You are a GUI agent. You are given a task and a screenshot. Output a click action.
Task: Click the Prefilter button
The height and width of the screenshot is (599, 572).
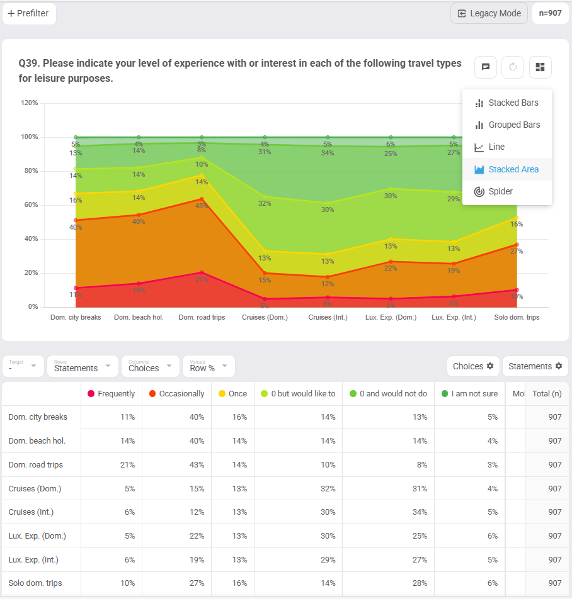tap(29, 13)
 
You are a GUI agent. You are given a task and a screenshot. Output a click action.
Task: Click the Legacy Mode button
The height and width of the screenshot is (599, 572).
tap(489, 13)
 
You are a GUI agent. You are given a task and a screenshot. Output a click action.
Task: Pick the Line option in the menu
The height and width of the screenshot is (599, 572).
tap(496, 147)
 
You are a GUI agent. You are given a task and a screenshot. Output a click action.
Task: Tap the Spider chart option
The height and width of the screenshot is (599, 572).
tap(500, 191)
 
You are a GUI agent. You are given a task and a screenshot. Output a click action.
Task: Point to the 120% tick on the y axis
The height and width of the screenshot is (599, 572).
tap(30, 103)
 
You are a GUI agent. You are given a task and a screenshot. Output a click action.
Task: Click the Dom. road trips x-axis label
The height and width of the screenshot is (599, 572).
tap(202, 318)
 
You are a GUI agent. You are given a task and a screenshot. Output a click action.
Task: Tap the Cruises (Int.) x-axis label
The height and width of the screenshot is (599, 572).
tap(328, 318)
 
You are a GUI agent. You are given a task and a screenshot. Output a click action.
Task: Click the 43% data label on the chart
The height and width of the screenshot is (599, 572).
tap(202, 206)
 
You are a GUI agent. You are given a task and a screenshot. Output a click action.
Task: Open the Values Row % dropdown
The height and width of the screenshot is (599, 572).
tap(209, 366)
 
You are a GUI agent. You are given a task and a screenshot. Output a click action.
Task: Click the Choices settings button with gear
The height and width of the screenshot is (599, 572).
tap(473, 366)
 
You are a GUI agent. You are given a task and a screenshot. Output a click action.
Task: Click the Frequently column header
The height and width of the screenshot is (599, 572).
tap(112, 394)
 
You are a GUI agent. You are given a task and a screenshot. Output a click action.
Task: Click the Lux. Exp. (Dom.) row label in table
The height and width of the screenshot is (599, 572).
tap(37, 536)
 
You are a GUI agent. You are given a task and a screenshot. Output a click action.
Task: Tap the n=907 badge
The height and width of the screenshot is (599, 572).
tap(550, 13)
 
